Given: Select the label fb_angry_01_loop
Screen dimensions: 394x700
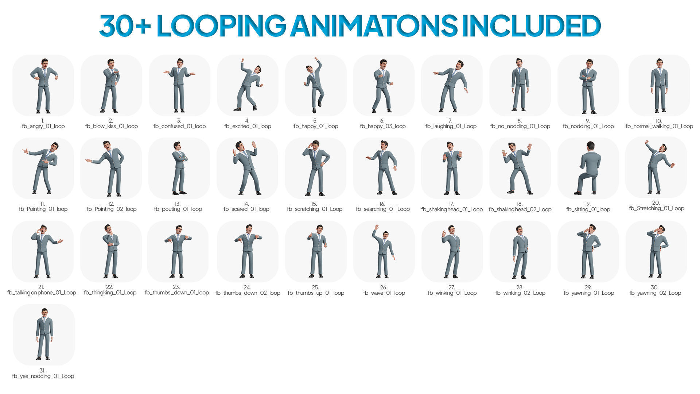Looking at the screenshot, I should [43, 126].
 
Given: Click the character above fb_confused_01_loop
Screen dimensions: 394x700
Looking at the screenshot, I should [179, 86].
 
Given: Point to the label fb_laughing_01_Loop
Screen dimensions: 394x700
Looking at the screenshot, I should [451, 126].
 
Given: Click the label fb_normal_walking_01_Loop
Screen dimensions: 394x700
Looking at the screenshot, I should [659, 126].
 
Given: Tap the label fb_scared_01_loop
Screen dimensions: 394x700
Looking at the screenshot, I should [246, 209].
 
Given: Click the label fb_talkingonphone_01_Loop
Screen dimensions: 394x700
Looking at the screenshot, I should [42, 293].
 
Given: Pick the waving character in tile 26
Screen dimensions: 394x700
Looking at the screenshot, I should [383, 252].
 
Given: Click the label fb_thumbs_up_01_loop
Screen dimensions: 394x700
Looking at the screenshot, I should [316, 293].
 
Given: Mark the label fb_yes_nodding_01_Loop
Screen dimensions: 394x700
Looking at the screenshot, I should [43, 376].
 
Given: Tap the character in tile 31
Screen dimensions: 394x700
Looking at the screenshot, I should [44, 335].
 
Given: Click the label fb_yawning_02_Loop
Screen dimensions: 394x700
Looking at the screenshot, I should [655, 293].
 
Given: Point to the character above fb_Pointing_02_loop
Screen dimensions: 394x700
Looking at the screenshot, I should [110, 169].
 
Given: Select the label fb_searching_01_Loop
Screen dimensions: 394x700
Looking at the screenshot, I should [383, 209].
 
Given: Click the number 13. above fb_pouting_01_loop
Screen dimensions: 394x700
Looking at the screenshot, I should [177, 204].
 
